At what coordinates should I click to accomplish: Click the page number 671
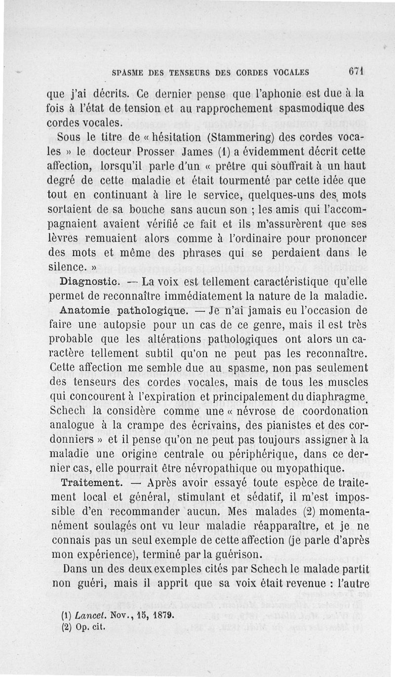coord(355,71)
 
